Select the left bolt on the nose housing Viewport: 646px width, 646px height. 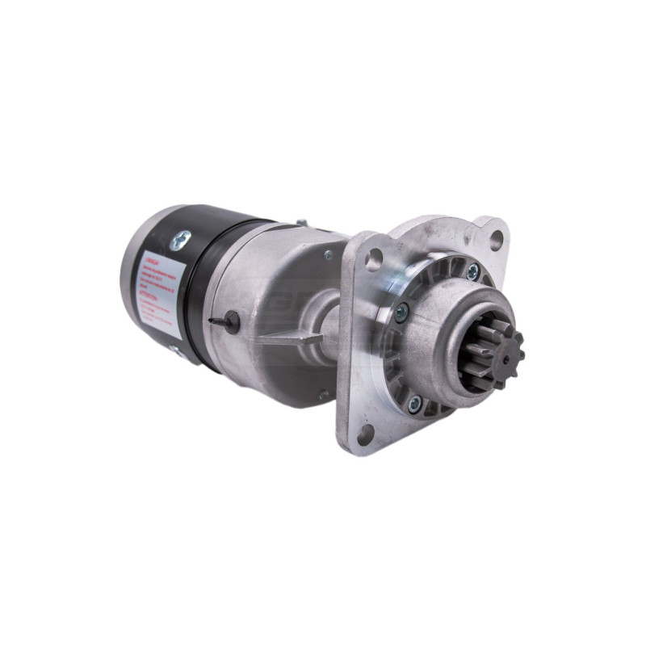click(x=401, y=306)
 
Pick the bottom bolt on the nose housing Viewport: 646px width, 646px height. click(x=415, y=401)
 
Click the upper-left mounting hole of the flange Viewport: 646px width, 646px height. click(x=373, y=259)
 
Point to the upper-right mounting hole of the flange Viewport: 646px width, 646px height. click(x=496, y=237)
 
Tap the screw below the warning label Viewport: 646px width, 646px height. click(x=174, y=350)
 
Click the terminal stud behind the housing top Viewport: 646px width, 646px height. click(x=301, y=222)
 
